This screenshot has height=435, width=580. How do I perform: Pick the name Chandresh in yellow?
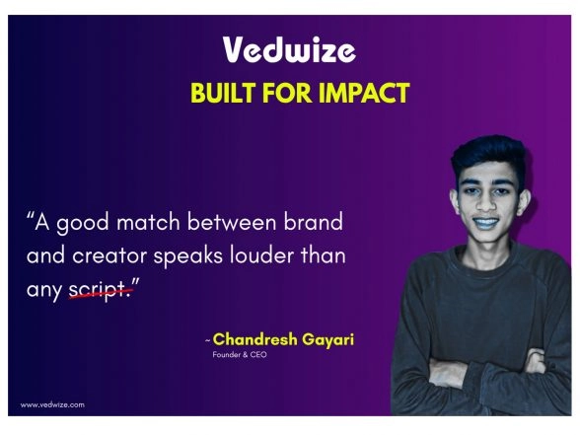click(x=255, y=340)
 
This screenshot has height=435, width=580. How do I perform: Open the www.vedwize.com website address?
click(x=52, y=404)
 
